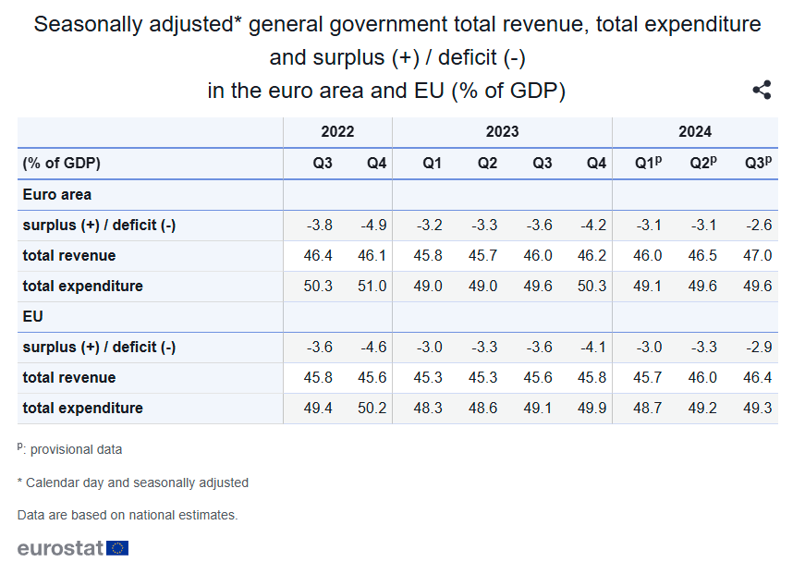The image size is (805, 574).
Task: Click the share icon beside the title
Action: pos(762,90)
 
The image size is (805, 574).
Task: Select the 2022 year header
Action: pos(337,132)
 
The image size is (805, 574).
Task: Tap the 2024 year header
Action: pos(695,132)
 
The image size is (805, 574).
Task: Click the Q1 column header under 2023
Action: pos(432,164)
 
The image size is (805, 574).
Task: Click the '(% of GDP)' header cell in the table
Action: pos(62,164)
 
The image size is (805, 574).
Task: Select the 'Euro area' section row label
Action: pos(56,195)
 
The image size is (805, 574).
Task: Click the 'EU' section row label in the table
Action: pos(32,316)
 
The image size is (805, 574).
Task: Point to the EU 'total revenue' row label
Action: pos(69,377)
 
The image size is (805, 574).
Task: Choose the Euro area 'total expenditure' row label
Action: pos(83,286)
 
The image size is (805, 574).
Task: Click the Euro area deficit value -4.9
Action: pos(372,226)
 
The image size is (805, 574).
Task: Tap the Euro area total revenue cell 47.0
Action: pos(757,255)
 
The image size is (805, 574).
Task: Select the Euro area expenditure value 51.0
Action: pos(372,286)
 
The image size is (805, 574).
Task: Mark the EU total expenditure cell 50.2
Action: pos(372,408)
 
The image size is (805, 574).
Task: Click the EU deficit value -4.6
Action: pos(372,347)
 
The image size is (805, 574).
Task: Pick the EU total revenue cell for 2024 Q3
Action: pos(757,377)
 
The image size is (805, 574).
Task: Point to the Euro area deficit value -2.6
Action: pos(757,226)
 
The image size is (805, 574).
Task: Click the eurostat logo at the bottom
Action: pos(73,548)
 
